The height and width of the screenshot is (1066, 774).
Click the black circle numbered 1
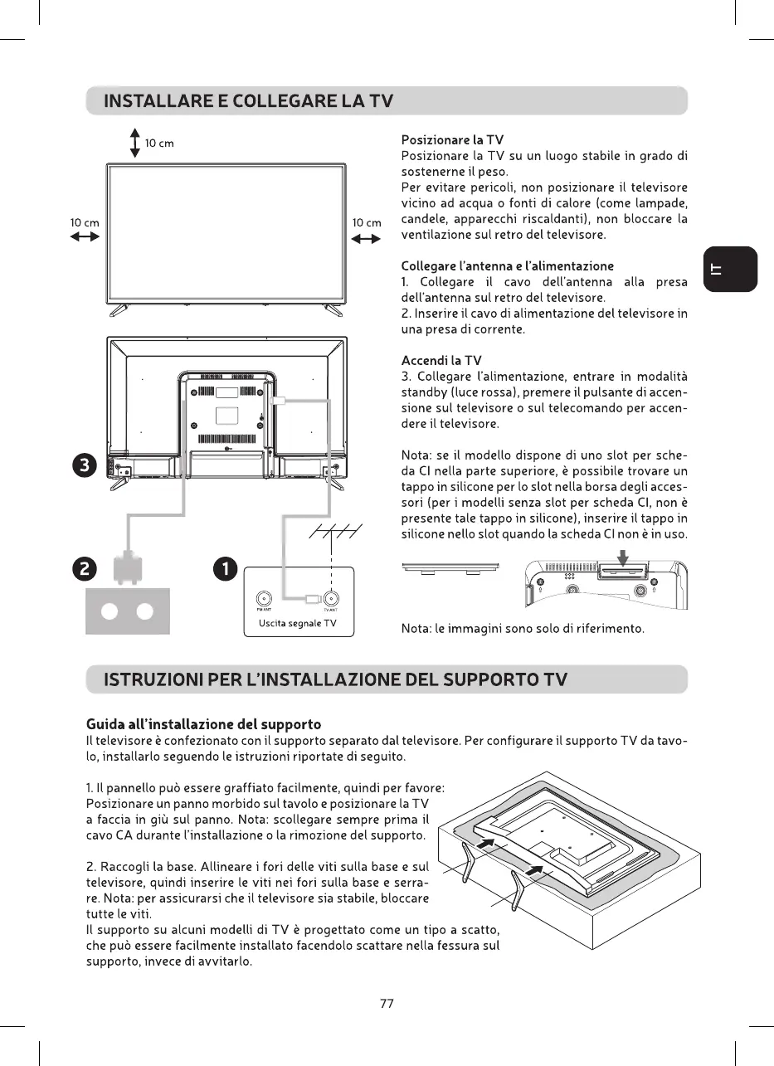tap(226, 569)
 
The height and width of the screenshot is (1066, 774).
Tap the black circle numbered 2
tap(85, 569)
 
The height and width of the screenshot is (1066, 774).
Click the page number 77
tap(387, 1003)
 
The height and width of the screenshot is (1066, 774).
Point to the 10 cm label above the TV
tap(159, 144)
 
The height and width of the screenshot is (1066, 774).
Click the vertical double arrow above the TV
tap(134, 143)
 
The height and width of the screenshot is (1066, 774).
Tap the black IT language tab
tap(730, 269)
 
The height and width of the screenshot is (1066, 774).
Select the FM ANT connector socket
tap(264, 599)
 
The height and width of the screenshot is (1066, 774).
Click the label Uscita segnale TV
tap(296, 623)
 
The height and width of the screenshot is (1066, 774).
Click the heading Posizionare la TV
tap(452, 139)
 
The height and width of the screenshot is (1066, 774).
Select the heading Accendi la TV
tap(441, 361)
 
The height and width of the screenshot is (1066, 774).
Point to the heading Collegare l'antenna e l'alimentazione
tap(507, 266)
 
